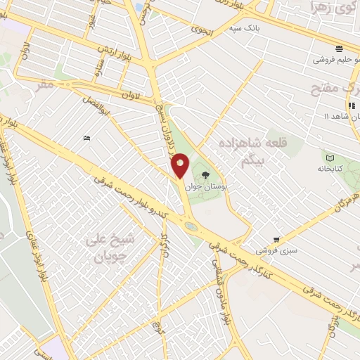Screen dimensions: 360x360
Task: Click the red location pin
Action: point(180,167)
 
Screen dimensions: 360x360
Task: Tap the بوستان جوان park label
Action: point(203,187)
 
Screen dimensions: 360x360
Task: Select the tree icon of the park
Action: point(205,175)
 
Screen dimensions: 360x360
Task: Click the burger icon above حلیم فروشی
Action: point(340,49)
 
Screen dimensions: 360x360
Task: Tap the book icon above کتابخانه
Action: point(329,157)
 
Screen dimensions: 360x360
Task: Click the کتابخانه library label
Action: point(328,169)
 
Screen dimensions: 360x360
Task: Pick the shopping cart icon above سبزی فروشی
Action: point(276,240)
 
